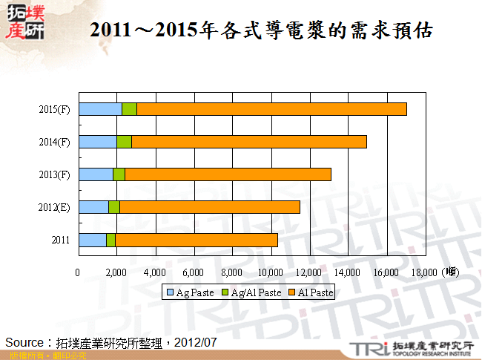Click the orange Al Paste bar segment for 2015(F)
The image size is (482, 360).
pos(271,109)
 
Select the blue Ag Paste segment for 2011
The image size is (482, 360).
pos(92,240)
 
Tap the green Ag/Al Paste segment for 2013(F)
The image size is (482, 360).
pos(119,174)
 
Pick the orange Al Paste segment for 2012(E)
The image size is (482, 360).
pos(209,207)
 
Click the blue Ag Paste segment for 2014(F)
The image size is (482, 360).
pos(97,142)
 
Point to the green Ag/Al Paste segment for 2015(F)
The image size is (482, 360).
pos(129,109)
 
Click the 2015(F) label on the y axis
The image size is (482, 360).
pos(55,110)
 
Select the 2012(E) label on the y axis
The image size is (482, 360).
pos(55,207)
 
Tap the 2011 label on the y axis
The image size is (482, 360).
pos(61,240)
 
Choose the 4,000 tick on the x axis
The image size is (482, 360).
pos(155,272)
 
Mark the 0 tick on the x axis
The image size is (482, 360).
pos(78,272)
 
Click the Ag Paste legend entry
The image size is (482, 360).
pos(191,293)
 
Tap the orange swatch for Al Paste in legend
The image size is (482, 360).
pos(291,293)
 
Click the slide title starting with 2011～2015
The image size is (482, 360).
pos(260,30)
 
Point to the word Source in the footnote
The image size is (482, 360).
pos(26,342)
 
